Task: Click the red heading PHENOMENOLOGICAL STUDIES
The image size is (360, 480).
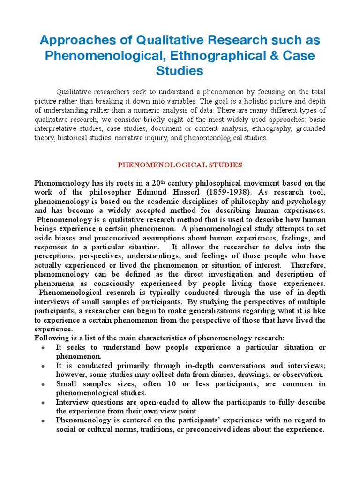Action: (180, 165)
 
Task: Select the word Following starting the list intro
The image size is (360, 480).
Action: (51, 338)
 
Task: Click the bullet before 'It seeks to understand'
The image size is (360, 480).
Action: (43, 348)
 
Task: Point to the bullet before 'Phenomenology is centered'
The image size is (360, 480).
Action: (43, 421)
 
